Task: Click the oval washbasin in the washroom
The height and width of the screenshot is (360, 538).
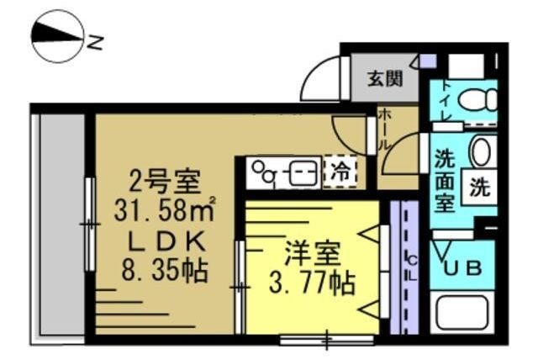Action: tap(480, 152)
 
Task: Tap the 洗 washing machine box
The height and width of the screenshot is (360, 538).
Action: tap(480, 188)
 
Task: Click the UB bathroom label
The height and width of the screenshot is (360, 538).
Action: tap(463, 268)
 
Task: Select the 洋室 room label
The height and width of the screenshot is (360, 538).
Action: tap(312, 252)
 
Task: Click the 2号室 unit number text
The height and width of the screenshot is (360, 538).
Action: tap(164, 180)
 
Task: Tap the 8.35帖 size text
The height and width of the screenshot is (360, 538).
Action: tap(165, 271)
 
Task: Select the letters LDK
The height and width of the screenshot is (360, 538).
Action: tap(165, 241)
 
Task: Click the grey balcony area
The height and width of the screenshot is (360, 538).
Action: tap(58, 227)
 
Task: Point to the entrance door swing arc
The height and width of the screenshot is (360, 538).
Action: tap(317, 80)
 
